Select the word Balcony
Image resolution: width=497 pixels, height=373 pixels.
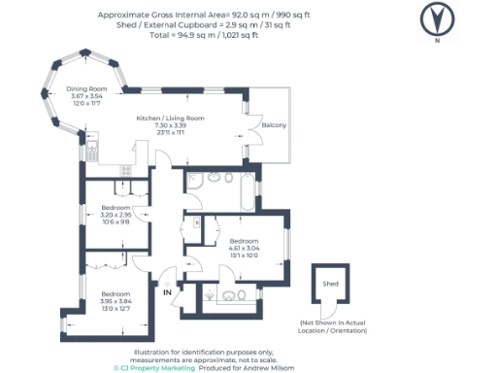(274, 125)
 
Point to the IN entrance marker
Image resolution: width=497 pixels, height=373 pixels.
(167, 291)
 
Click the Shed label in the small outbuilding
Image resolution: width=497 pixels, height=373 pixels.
(330, 282)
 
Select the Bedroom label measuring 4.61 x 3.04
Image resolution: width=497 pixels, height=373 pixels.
(244, 240)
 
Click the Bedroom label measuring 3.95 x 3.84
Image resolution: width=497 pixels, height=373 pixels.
(116, 293)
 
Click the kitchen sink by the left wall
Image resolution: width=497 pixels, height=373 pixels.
(92, 151)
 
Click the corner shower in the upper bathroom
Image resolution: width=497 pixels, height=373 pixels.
(192, 180)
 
